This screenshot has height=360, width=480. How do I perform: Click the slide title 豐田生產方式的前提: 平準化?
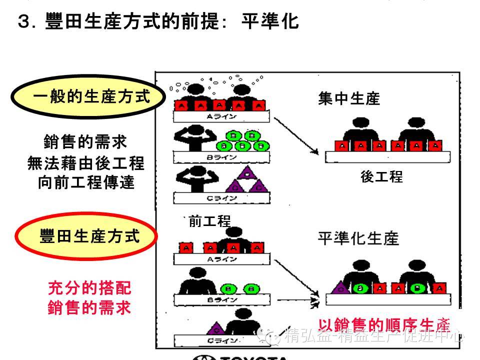click(x=157, y=22)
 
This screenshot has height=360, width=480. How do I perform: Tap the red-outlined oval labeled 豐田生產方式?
click(x=88, y=236)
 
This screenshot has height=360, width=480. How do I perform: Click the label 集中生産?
click(x=349, y=98)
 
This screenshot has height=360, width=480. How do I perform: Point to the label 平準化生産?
click(x=358, y=238)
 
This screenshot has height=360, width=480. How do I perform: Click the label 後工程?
click(x=381, y=176)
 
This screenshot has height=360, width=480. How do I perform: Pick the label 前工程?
click(x=209, y=221)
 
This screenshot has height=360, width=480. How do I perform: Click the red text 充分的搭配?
click(x=89, y=288)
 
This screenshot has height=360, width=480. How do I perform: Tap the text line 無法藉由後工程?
click(x=85, y=163)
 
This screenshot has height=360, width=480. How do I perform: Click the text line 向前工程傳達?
click(x=86, y=182)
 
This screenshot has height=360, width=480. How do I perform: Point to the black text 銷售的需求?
click(x=85, y=142)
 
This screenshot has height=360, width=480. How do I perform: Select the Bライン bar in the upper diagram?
click(x=221, y=157)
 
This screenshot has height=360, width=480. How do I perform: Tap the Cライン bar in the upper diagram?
click(x=221, y=198)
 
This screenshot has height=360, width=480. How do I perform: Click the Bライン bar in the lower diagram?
click(x=221, y=299)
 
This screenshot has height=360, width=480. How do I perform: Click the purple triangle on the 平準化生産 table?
click(x=340, y=287)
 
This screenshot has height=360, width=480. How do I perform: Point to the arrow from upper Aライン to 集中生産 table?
click(x=296, y=135)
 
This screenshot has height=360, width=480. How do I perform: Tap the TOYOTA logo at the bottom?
click(x=240, y=357)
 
